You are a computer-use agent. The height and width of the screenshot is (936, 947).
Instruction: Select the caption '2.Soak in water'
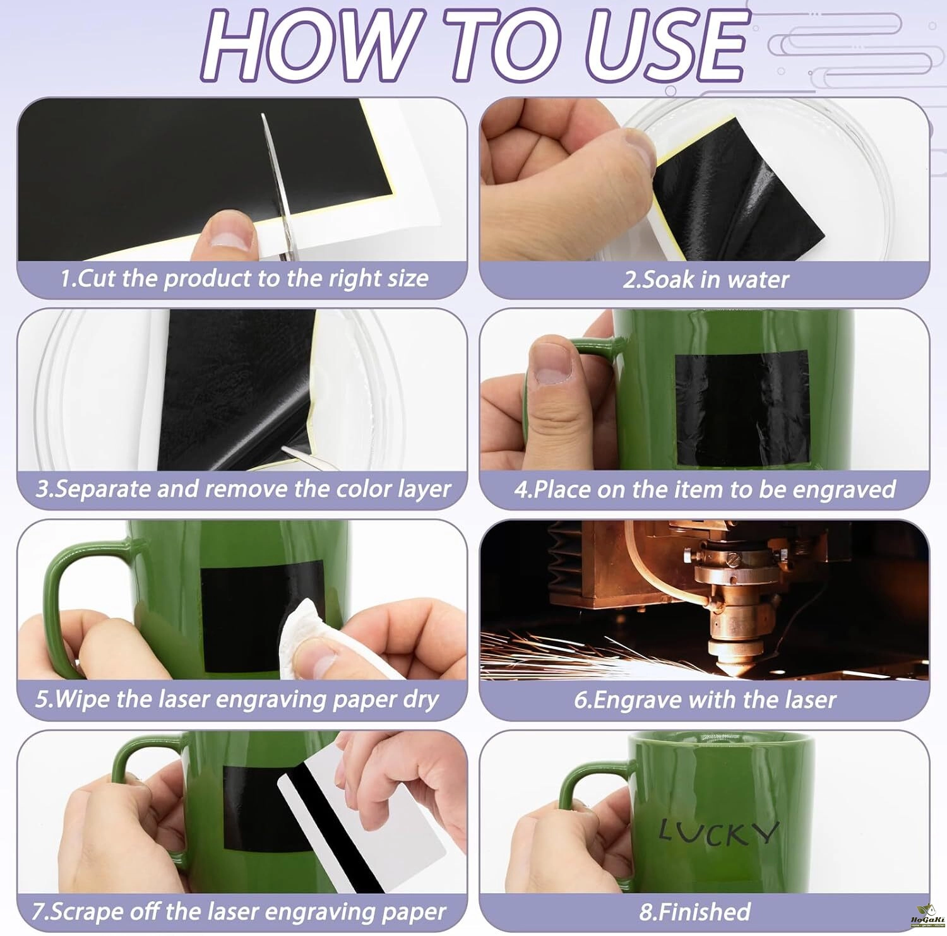(x=706, y=280)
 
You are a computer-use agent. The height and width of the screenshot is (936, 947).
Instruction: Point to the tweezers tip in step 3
(x=284, y=449)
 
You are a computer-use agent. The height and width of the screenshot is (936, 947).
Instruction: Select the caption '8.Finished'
(x=695, y=911)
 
